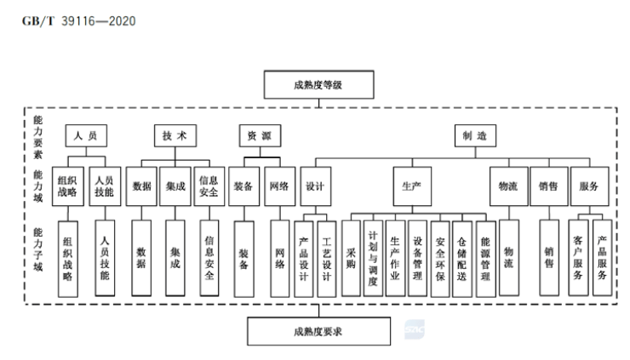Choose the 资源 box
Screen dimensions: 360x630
pos(259,136)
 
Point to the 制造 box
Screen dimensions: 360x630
pos(474,136)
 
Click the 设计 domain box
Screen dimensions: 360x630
pos(314,186)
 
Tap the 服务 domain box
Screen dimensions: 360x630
pos(588,186)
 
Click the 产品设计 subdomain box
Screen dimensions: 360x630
pos(305,258)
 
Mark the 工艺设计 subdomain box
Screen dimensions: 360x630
pos(328,258)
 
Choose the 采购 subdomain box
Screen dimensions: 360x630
pos(352,258)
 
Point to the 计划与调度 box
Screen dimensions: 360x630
pos(373,258)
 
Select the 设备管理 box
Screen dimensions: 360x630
pos(417,258)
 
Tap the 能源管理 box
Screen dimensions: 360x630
pos(484,258)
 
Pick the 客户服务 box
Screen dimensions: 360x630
pos(578,258)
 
